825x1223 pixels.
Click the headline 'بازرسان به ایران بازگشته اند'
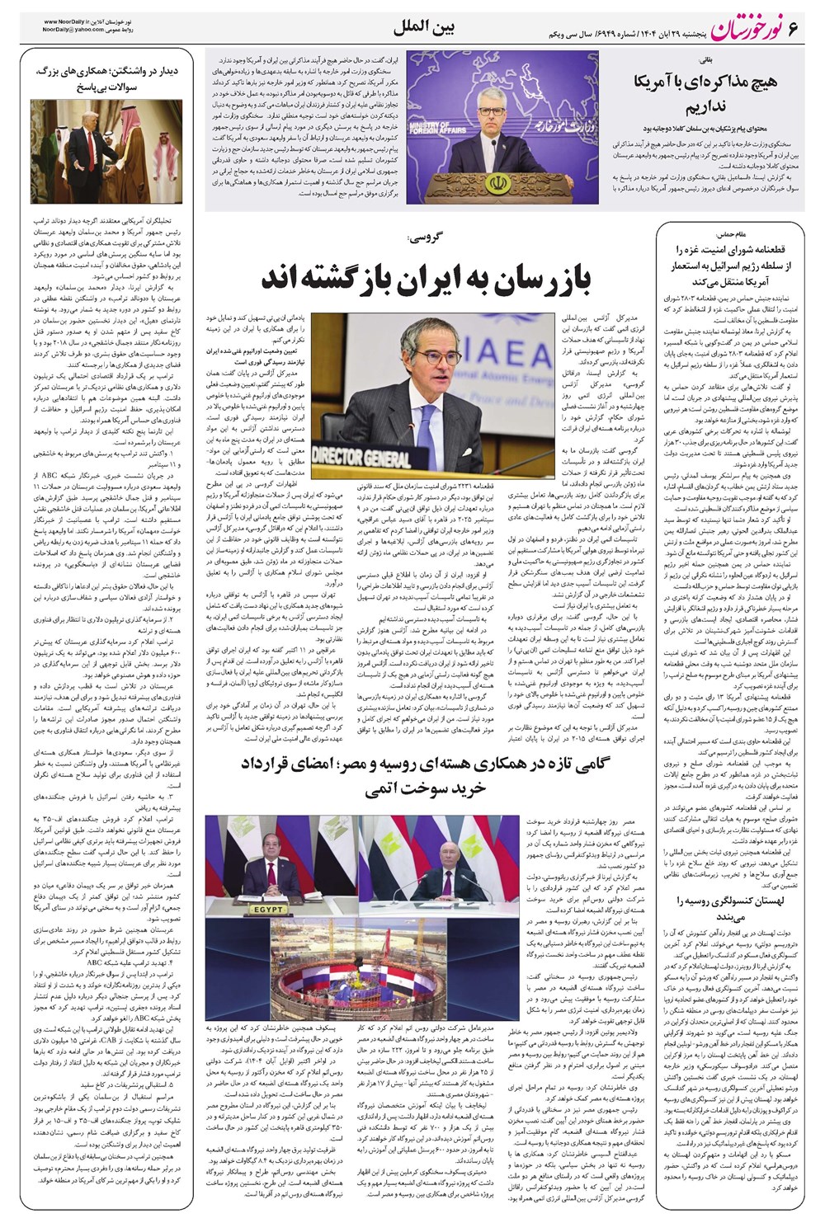point(426,279)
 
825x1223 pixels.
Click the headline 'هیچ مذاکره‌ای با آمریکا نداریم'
point(710,94)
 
